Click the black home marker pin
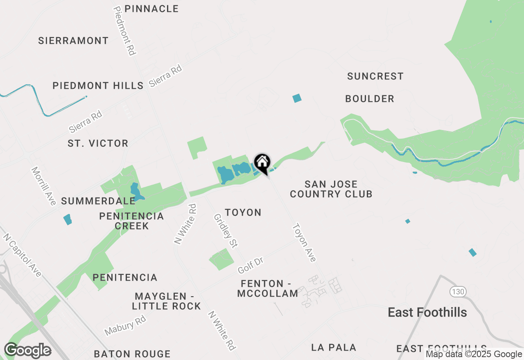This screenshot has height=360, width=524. tap(262, 163)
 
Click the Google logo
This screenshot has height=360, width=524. tap(27, 351)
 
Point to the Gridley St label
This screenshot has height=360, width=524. tap(226, 231)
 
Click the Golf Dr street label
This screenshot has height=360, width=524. tap(250, 265)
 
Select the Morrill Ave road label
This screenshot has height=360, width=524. tap(43, 186)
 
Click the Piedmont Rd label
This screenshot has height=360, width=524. tap(125, 31)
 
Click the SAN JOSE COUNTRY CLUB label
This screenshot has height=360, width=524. tap(331, 189)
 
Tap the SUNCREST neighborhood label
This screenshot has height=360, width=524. tap(375, 76)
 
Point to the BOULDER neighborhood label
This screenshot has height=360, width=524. tap(370, 99)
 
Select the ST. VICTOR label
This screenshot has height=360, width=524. tap(98, 143)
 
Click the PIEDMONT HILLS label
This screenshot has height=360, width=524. tap(98, 85)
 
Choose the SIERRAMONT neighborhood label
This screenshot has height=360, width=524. tap(73, 40)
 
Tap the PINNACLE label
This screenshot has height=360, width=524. tap(151, 9)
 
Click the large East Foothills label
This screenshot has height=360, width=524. tap(427, 313)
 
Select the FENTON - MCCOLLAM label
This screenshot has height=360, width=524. tap(268, 288)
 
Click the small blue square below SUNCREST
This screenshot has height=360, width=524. tap(297, 98)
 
